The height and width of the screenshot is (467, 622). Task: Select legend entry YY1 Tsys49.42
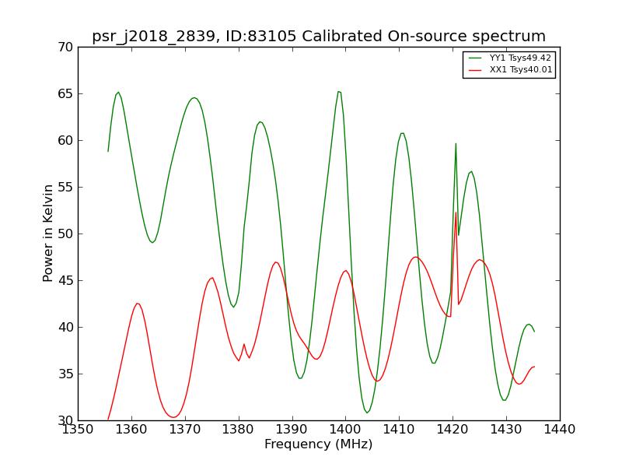click(x=510, y=58)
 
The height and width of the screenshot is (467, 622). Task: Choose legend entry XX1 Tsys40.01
click(x=510, y=70)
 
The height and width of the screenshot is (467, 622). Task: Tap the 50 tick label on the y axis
click(x=65, y=234)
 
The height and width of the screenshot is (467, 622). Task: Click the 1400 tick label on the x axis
click(x=345, y=430)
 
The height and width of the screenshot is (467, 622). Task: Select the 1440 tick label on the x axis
click(x=560, y=430)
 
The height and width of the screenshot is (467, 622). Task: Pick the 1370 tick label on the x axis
click(x=185, y=430)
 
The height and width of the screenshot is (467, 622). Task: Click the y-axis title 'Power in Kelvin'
click(x=47, y=233)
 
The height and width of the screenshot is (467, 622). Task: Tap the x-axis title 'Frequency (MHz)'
click(x=319, y=444)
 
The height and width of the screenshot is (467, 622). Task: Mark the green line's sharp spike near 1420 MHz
click(x=456, y=144)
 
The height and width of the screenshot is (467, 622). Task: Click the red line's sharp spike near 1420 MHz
click(x=456, y=212)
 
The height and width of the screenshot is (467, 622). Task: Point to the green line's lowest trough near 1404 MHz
click(x=367, y=413)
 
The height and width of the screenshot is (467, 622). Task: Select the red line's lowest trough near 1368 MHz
click(x=173, y=417)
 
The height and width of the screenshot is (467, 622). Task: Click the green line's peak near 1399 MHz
click(x=339, y=92)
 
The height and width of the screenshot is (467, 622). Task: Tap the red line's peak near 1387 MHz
click(x=276, y=262)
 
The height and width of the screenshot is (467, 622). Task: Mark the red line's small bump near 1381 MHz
click(x=244, y=344)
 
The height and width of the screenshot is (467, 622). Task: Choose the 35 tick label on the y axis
click(x=65, y=374)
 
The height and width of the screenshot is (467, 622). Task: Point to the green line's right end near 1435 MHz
click(x=534, y=332)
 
